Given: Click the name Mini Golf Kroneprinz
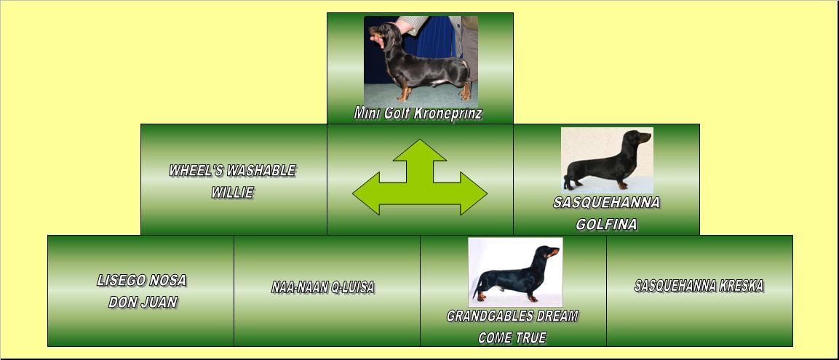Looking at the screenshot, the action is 418,113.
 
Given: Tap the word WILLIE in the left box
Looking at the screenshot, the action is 232,193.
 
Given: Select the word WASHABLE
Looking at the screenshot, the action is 262,171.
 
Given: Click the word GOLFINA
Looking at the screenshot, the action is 606,225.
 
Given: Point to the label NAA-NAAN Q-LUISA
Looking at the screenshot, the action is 322,287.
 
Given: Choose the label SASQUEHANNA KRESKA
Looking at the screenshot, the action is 699,286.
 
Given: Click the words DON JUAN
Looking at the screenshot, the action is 143,303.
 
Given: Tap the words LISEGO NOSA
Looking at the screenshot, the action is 142,280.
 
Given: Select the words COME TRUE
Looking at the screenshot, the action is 512,337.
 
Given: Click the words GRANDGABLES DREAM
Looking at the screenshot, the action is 512,316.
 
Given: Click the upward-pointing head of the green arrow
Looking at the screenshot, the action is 420,151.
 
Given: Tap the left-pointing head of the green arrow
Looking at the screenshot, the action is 366,193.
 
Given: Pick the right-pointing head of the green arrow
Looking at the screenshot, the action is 474,193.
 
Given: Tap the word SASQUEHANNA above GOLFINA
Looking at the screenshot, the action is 606,203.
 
